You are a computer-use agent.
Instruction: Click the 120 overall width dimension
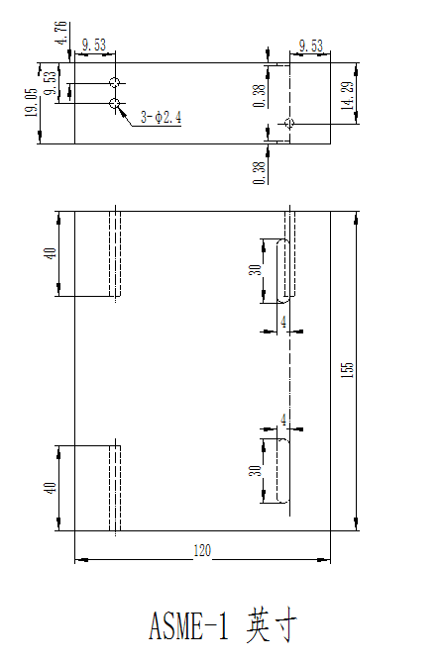pos(202,551)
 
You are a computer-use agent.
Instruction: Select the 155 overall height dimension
pos(346,369)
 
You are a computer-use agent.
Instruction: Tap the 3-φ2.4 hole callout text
pos(161,118)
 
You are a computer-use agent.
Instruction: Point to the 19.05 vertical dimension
pos(31,103)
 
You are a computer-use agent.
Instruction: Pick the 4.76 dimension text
pos(62,34)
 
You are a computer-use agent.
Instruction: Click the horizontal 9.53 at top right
pos(310,46)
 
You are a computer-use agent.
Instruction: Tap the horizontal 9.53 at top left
pos(95,46)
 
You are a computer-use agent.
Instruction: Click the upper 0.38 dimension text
pos(259,94)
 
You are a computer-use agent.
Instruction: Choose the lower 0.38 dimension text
pos(259,170)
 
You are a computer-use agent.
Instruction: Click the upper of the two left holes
pos(115,82)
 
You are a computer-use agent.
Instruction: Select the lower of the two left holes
pos(115,103)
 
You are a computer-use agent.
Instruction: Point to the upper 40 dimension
pos(51,252)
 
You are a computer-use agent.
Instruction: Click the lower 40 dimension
pos(51,487)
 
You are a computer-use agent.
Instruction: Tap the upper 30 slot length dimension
pos(255,269)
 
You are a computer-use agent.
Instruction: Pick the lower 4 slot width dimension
pos(283,420)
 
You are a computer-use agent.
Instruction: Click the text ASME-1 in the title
pos(188,626)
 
